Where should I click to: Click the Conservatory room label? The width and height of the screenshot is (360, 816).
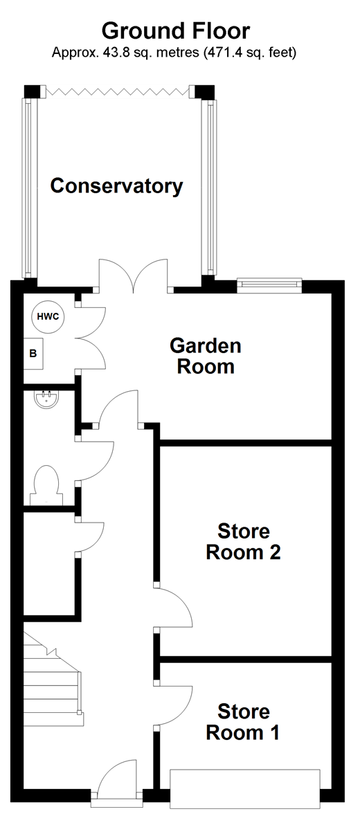(116, 186)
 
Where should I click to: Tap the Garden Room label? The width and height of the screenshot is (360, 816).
(206, 356)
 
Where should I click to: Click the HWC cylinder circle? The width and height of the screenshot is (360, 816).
(48, 317)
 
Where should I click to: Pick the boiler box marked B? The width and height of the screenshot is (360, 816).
(33, 353)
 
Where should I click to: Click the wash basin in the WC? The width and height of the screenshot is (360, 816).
(47, 399)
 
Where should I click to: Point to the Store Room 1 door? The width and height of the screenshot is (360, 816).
(173, 705)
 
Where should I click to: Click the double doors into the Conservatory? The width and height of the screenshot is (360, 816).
(134, 275)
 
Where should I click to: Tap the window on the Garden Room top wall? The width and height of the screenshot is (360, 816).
(269, 284)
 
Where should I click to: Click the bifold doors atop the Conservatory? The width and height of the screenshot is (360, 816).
(116, 91)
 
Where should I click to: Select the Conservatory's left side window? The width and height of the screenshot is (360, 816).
(28, 187)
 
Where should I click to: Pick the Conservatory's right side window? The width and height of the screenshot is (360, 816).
(210, 187)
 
